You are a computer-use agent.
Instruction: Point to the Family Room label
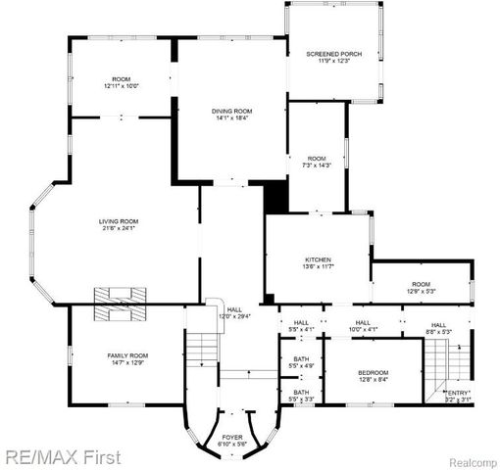(127, 355)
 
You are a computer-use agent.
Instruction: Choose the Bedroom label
(373, 372)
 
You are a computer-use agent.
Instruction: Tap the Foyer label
(232, 437)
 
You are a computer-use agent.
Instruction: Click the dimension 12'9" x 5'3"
(420, 291)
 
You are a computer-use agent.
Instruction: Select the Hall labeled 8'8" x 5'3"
(438, 329)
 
